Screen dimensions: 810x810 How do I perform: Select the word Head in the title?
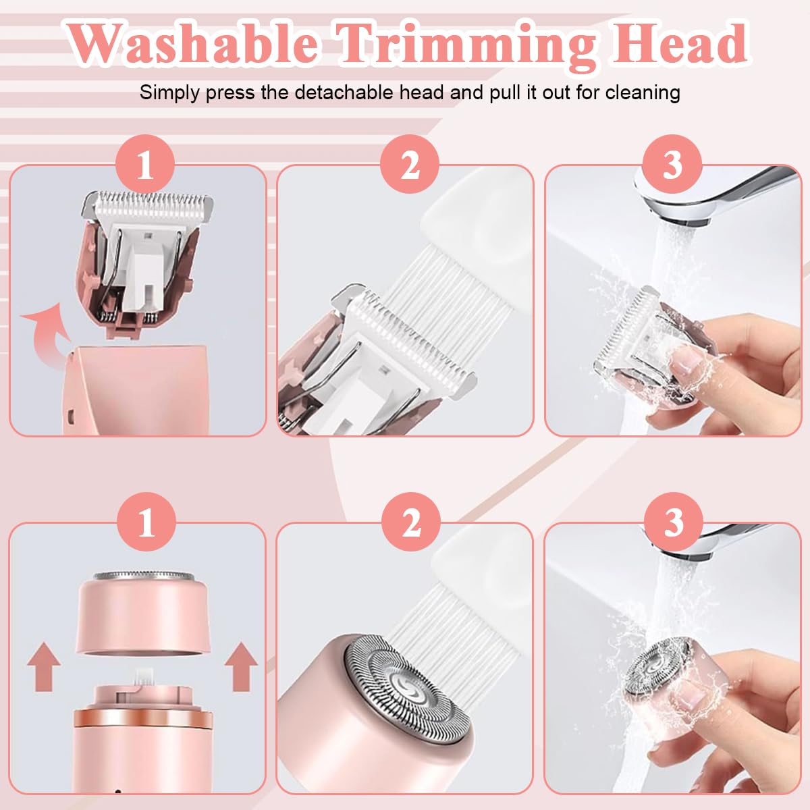click(x=679, y=43)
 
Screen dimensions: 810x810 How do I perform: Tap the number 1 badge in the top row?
click(x=145, y=165)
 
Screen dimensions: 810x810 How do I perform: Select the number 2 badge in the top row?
click(x=410, y=165)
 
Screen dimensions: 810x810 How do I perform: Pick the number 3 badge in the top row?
click(x=672, y=165)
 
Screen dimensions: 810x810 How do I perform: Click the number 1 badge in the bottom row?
click(x=145, y=523)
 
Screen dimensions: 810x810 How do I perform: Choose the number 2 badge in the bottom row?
click(x=410, y=523)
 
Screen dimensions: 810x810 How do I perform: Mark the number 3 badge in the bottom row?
click(x=673, y=523)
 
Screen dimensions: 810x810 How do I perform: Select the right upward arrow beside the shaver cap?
click(x=240, y=665)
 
